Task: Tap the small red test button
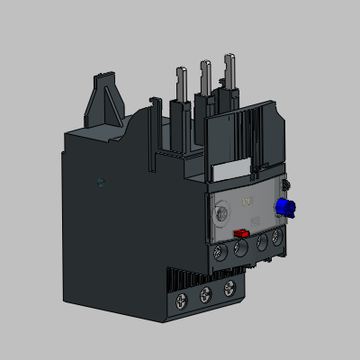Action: pos(240,233)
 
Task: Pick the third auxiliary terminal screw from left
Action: pos(261,242)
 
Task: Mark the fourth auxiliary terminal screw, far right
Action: pos(278,238)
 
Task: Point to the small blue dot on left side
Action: pos(101,182)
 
